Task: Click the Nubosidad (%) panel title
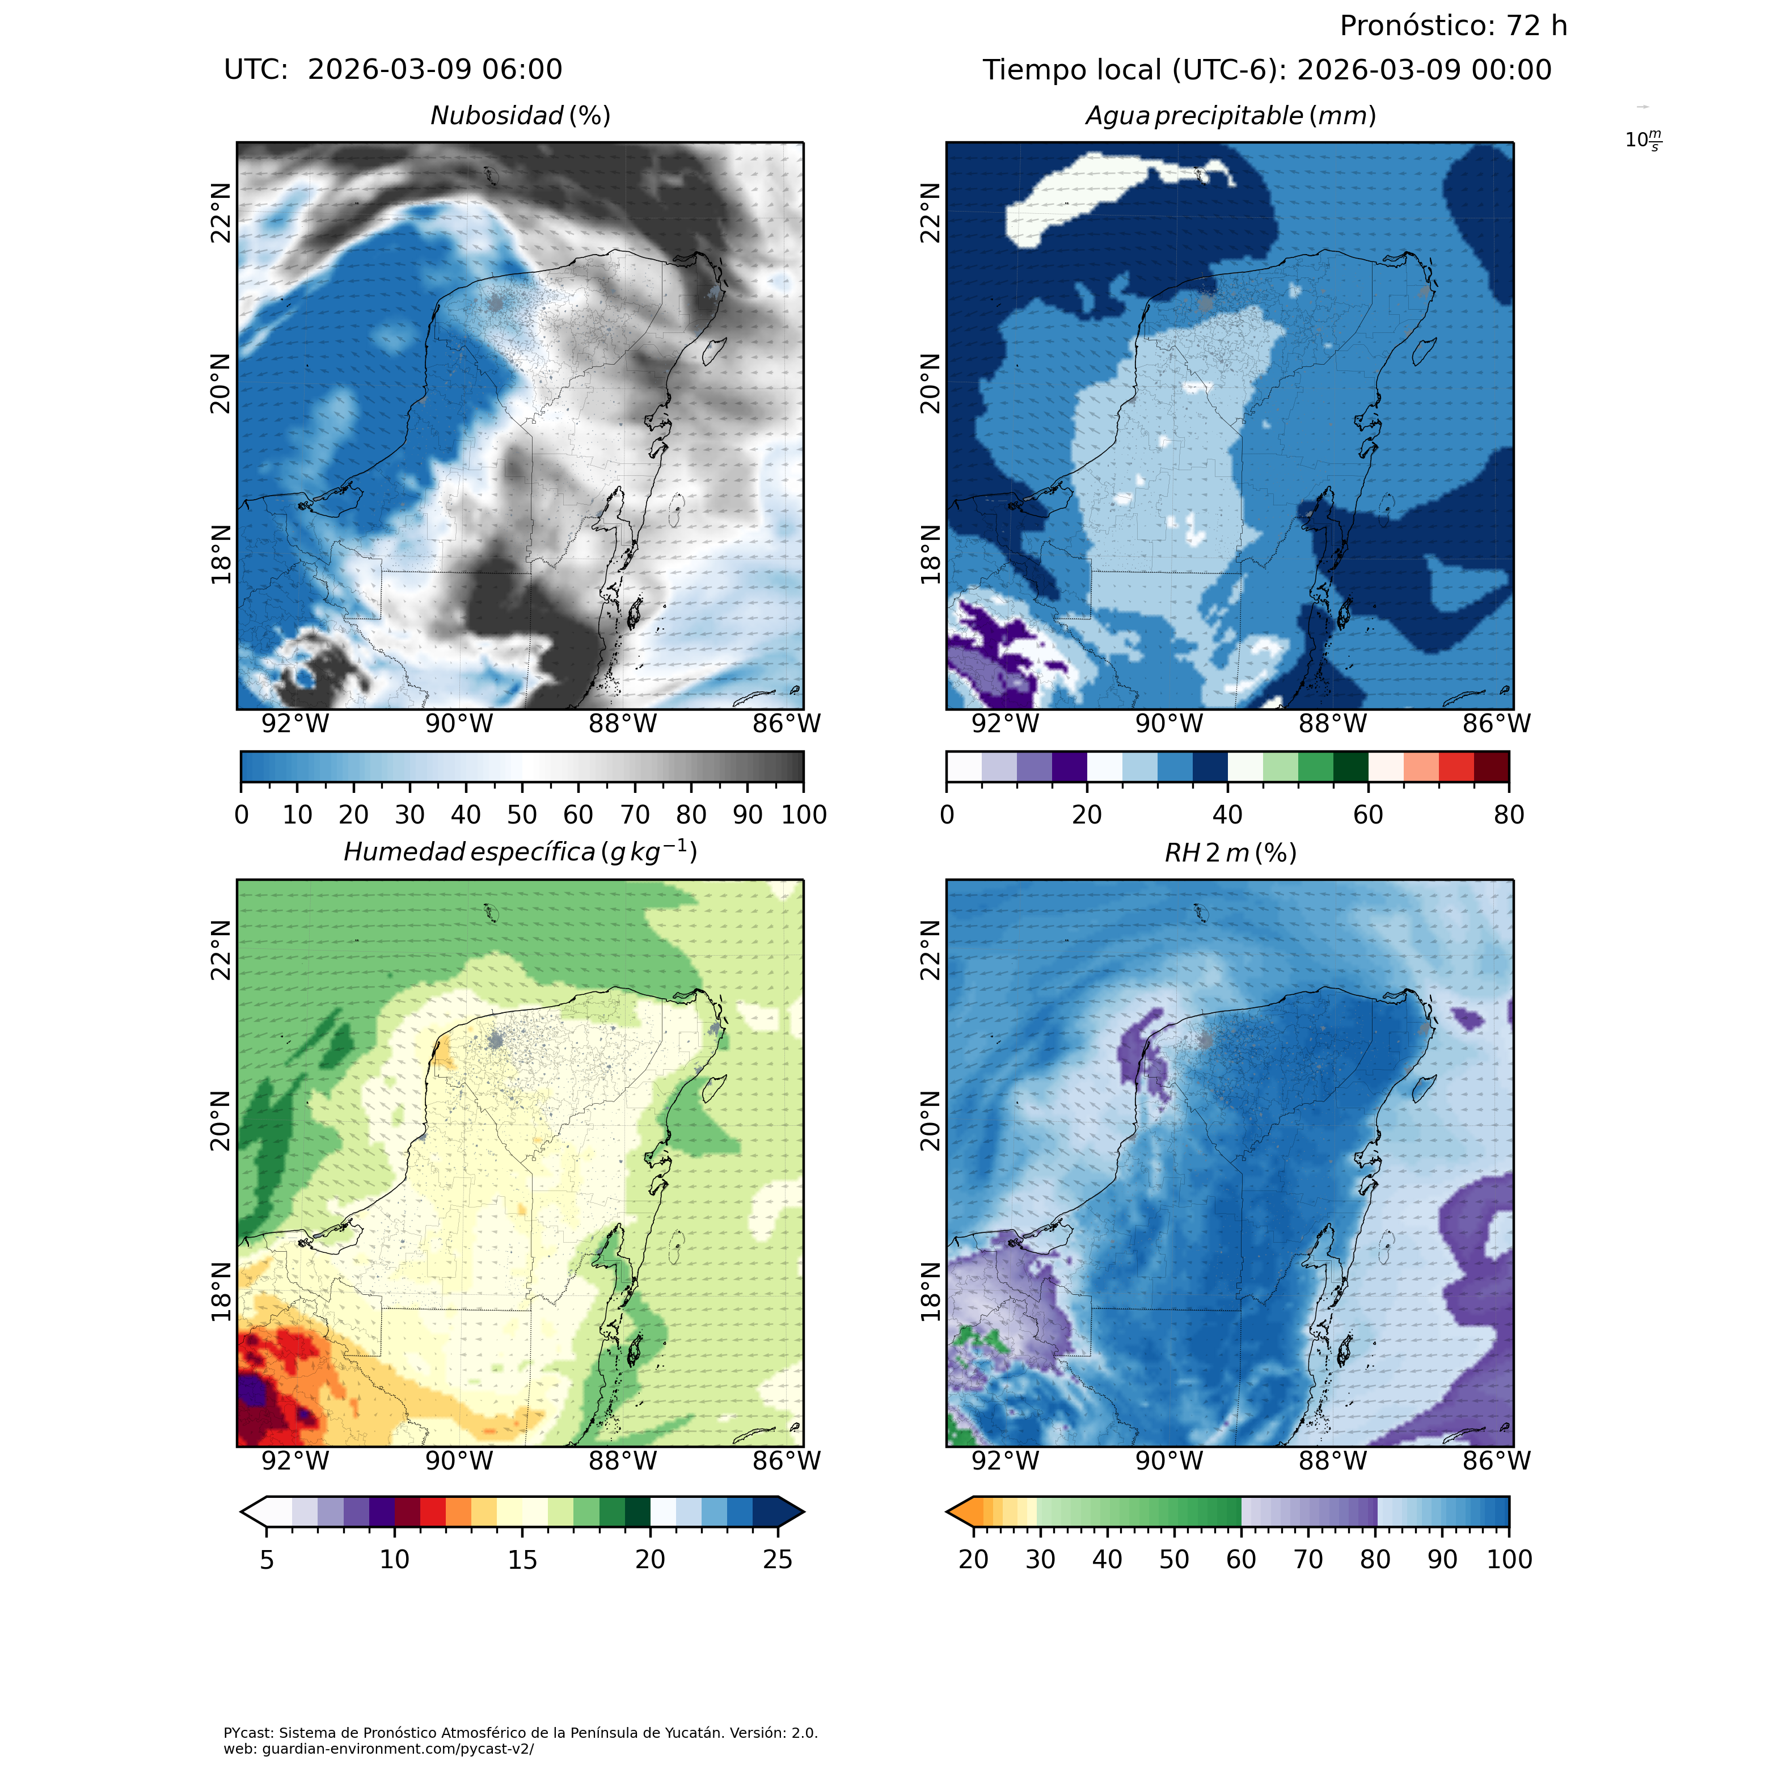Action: [521, 116]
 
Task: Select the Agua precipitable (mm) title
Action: [1230, 116]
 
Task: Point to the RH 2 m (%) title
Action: [1230, 852]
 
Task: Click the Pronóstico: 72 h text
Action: [1453, 26]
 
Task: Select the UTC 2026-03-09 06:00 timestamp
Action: [393, 69]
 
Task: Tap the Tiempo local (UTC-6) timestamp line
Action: [1266, 69]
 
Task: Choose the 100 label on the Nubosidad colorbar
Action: [803, 814]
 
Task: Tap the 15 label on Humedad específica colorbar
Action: [522, 1560]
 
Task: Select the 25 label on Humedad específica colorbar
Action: [778, 1560]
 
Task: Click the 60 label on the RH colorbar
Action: [1240, 1560]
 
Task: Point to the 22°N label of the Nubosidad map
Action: [220, 213]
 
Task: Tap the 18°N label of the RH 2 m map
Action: [930, 1293]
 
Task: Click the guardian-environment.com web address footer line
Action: [379, 1749]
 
